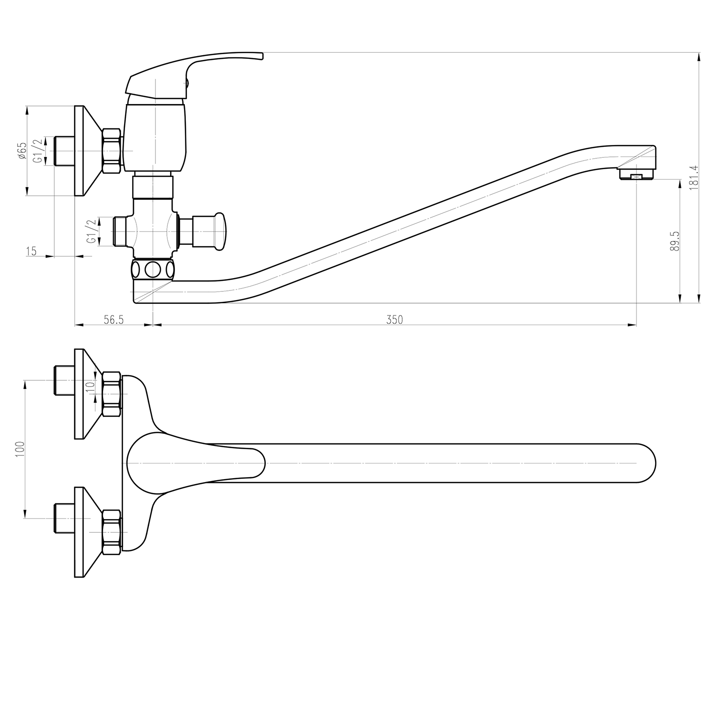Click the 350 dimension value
[395, 319]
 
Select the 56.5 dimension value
[114, 319]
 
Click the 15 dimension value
[31, 251]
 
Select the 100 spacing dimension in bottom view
[20, 449]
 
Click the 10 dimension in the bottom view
[90, 387]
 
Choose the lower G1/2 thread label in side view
[92, 231]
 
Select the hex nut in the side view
[111, 151]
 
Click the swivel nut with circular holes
[153, 270]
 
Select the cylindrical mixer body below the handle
[154, 138]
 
